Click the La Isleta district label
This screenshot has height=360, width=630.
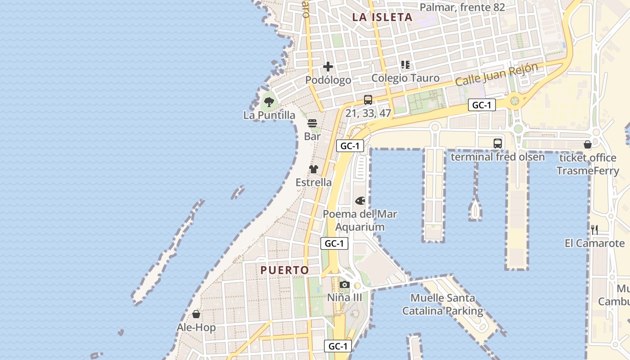point(382,18)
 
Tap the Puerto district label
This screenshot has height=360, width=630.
point(285,270)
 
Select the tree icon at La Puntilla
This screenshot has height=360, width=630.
point(269,102)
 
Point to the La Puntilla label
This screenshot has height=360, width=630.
point(269,115)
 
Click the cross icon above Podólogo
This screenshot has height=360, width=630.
point(328,67)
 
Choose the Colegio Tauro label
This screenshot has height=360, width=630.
point(405,78)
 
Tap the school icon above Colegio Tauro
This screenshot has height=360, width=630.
point(405,65)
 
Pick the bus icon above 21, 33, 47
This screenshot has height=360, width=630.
point(368,100)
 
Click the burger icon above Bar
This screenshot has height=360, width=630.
point(312,123)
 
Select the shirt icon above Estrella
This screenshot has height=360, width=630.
point(314,169)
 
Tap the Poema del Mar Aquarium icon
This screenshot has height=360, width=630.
point(360,201)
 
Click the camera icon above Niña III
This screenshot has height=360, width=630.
point(345,284)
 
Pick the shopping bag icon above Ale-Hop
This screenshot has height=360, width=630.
point(196,314)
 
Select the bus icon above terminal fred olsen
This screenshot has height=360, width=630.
point(497,144)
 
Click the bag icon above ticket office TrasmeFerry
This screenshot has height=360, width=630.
point(587,144)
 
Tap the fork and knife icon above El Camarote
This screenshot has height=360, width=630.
point(594,230)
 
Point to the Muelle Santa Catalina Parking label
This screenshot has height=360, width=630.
point(442,304)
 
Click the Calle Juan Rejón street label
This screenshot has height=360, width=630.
point(496,75)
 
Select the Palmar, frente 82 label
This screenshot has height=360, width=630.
point(462,7)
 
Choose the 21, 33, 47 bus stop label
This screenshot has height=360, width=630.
point(368,113)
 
